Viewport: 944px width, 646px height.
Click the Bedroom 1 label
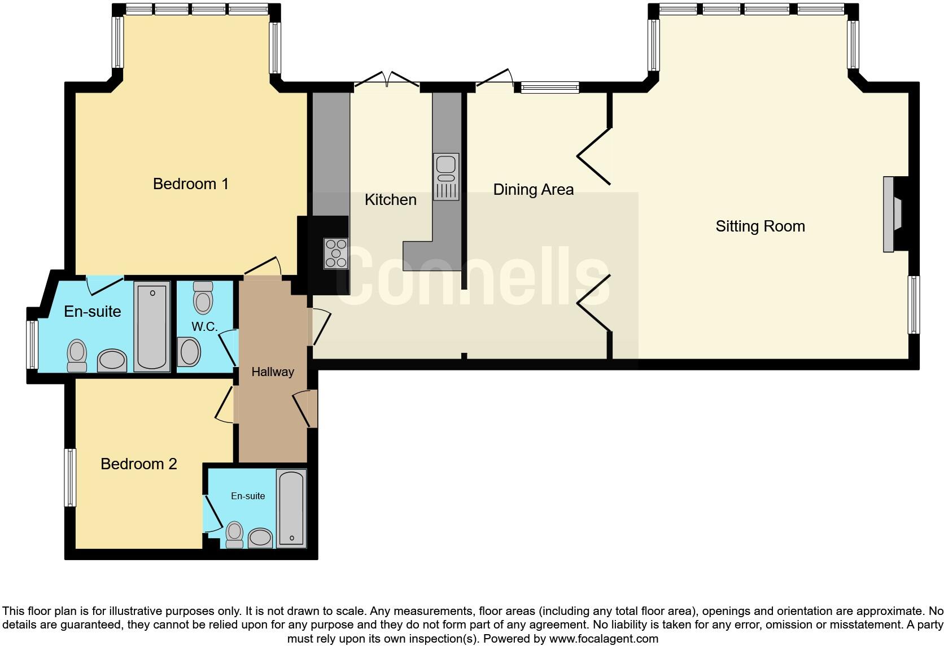click(190, 184)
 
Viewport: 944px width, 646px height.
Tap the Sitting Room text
click(760, 226)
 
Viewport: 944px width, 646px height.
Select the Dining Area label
click(533, 190)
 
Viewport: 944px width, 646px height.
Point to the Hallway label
click(273, 372)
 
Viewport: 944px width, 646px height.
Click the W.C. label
click(204, 327)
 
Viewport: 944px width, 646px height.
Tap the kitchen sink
click(446, 176)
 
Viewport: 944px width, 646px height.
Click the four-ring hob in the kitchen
click(335, 253)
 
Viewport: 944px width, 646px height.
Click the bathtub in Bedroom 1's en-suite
click(151, 326)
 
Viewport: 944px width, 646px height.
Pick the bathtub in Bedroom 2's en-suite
click(291, 508)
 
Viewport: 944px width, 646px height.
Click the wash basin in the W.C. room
click(190, 352)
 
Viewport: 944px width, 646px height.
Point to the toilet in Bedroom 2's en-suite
click(234, 534)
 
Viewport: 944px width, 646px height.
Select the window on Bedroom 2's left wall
click(70, 477)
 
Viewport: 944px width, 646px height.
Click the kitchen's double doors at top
click(387, 81)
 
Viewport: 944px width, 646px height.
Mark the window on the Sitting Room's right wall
click(913, 304)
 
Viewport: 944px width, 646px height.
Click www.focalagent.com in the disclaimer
click(604, 639)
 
